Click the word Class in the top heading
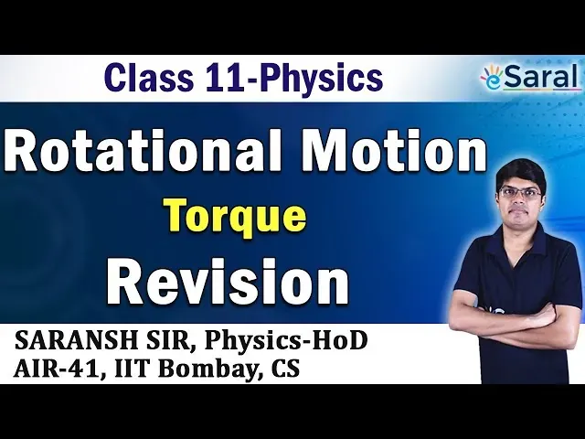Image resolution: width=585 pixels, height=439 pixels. coord(149,79)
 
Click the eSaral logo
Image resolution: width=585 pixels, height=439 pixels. coord(531,78)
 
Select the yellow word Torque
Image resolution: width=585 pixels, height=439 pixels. coord(237,218)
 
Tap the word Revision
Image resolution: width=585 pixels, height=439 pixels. coord(228,280)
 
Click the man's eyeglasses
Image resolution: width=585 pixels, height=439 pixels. coord(520,193)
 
